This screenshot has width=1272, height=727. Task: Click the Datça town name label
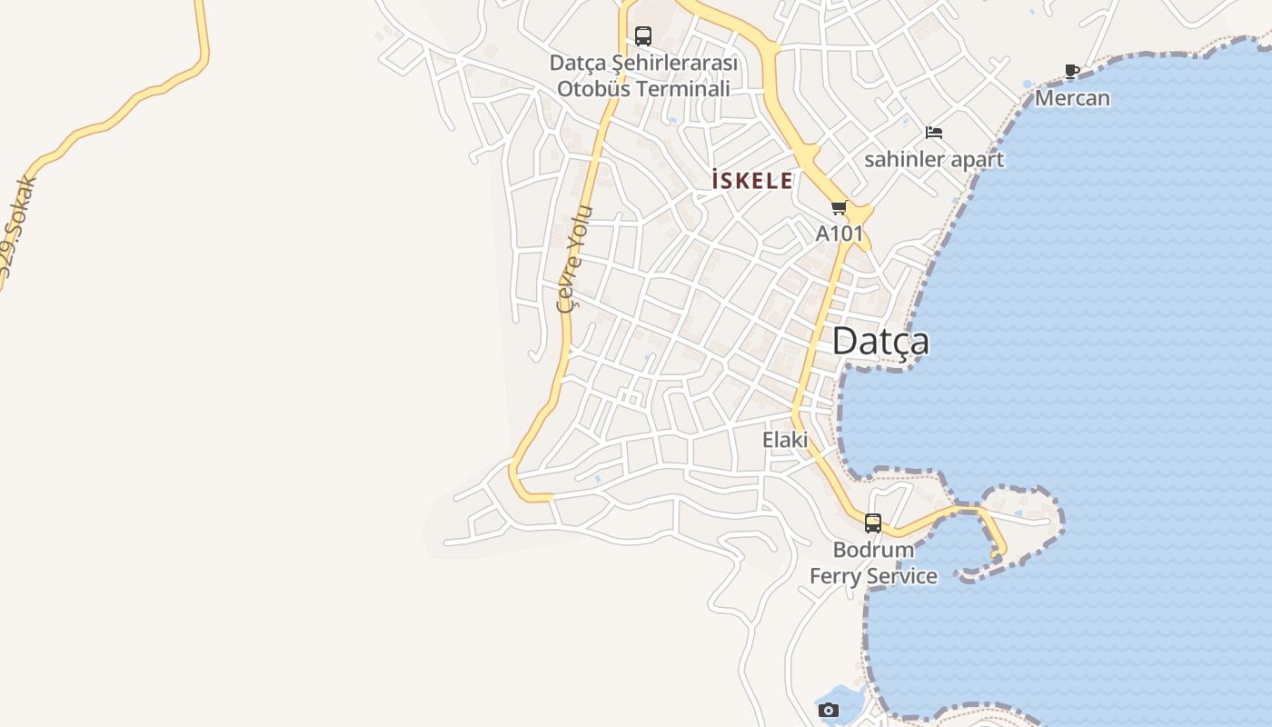click(880, 342)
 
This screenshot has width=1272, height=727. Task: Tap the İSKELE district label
click(751, 181)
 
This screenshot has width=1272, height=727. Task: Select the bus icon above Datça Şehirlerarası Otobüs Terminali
click(643, 36)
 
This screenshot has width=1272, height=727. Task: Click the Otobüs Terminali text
click(643, 89)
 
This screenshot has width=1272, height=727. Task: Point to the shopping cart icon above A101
click(839, 208)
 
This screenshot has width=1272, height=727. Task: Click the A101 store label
click(839, 234)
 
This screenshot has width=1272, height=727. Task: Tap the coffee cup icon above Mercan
click(1072, 72)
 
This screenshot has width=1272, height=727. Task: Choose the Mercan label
click(1072, 98)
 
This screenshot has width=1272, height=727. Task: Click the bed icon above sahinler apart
click(934, 133)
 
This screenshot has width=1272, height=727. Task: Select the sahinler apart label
click(934, 160)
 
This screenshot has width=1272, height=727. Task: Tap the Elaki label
click(785, 440)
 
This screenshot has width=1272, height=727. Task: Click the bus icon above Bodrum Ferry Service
click(873, 523)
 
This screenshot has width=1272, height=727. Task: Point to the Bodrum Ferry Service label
click(873, 563)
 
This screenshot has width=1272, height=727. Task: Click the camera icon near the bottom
click(829, 710)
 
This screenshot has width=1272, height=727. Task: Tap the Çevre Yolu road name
click(575, 259)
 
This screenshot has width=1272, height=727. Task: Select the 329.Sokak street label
click(18, 226)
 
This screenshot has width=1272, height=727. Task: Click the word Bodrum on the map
click(873, 550)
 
